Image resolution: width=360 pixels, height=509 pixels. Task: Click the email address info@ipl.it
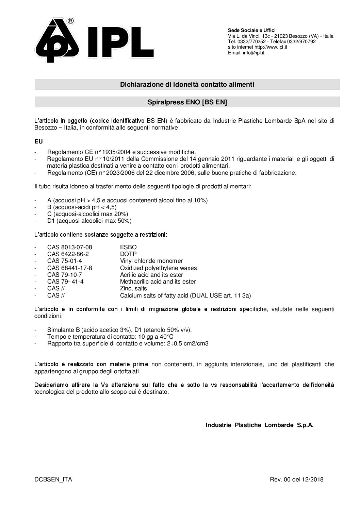(252, 53)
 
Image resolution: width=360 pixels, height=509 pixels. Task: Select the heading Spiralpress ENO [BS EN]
(187, 102)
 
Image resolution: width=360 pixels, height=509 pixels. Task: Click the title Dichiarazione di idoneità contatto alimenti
(187, 84)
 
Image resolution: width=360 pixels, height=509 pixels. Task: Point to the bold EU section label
(38, 141)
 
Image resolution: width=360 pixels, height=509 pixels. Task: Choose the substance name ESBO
(128, 247)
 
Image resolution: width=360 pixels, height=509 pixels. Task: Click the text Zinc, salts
(133, 288)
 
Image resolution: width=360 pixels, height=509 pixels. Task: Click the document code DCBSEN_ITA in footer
(53, 480)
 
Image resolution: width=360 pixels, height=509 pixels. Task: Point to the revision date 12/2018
(312, 480)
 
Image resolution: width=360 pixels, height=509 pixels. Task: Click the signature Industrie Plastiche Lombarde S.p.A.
(260, 425)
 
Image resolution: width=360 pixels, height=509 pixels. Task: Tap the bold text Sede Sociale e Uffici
(251, 31)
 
